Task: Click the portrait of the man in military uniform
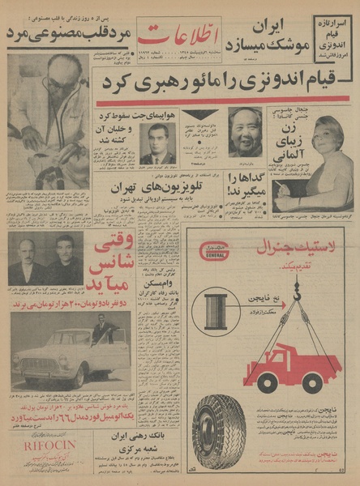click(157, 143)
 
